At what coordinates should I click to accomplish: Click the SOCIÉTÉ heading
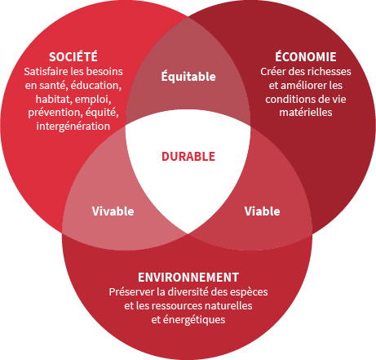click(73, 56)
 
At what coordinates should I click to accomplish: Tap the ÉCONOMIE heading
click(306, 56)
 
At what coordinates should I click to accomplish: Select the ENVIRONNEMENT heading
click(188, 278)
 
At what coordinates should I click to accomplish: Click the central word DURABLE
click(188, 157)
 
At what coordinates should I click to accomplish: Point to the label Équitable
click(188, 76)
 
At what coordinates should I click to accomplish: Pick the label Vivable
click(113, 211)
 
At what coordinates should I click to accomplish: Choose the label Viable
click(262, 211)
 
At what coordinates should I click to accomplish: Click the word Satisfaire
click(46, 72)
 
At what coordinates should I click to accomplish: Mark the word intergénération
click(73, 127)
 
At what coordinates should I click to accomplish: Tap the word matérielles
click(306, 113)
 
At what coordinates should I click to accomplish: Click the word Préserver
click(131, 292)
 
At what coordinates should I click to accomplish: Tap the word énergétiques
click(194, 320)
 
